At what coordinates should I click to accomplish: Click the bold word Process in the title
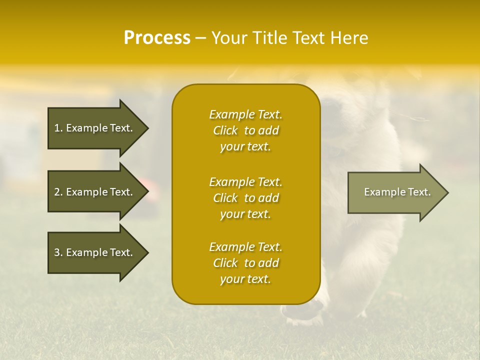click(x=157, y=38)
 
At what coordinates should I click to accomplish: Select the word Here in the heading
click(x=349, y=38)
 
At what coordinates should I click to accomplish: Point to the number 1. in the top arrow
click(x=58, y=128)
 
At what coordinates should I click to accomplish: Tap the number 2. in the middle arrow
click(x=58, y=192)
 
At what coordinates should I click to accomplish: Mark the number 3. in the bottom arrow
click(x=58, y=252)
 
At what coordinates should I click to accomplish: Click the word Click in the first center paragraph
click(x=225, y=130)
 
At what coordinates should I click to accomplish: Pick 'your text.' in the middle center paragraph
click(x=245, y=214)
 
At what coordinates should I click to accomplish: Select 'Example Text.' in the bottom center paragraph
click(x=245, y=247)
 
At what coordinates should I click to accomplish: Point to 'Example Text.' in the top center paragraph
click(x=245, y=114)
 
